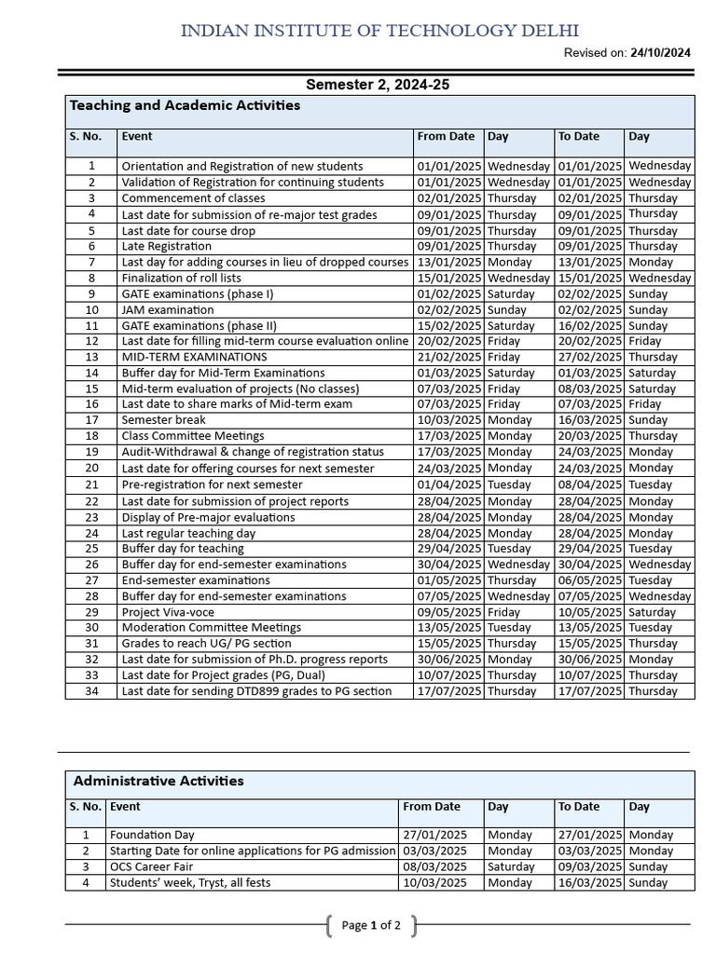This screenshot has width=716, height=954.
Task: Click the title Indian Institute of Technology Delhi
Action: coord(385,31)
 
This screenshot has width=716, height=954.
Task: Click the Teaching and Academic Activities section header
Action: coord(185,105)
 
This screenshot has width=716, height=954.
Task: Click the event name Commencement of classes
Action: coord(193,198)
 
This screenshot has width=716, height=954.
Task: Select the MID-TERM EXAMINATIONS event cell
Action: coord(194,357)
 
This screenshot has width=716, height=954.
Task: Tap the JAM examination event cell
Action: coord(168,309)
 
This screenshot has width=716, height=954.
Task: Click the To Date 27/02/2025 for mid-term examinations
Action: coord(589,357)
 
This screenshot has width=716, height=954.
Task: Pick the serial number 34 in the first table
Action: coord(91,691)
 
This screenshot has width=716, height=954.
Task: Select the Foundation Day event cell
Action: coord(152,835)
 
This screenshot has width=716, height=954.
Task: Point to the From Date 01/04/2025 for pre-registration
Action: coord(449,484)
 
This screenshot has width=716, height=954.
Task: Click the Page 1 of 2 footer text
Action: coord(371,925)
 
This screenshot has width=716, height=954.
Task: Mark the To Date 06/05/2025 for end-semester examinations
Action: coord(589,579)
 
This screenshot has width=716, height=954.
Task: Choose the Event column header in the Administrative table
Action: coord(125,807)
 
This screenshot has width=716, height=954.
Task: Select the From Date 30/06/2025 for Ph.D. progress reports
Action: coord(449,659)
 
